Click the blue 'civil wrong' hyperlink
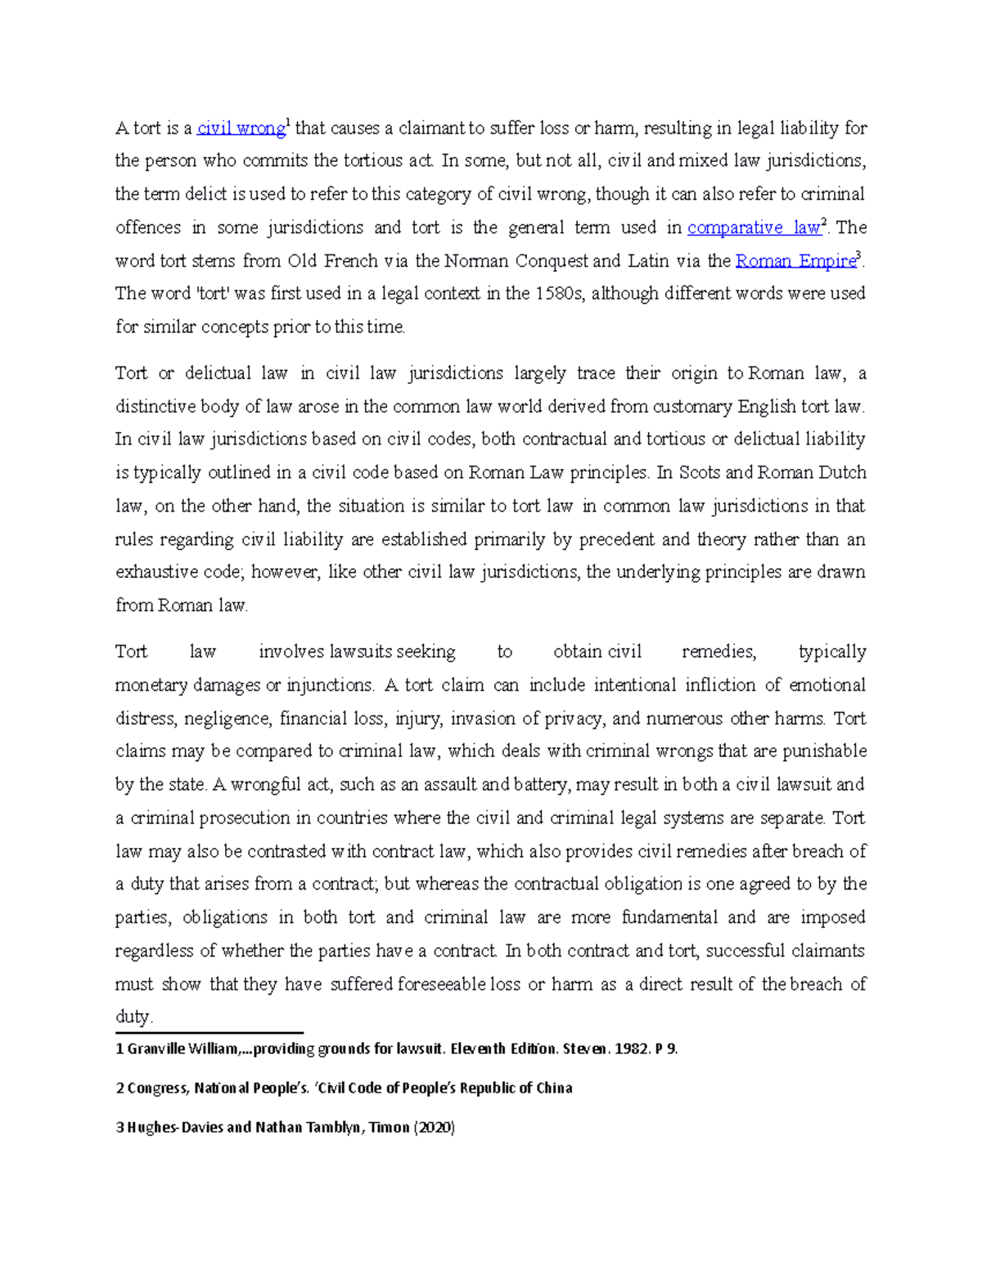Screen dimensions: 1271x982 [x=241, y=128]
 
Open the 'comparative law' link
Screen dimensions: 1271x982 [x=753, y=228]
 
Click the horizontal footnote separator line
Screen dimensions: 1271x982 [x=209, y=1033]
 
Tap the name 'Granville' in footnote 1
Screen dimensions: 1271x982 [x=156, y=1049]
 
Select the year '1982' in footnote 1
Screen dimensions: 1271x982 [x=633, y=1049]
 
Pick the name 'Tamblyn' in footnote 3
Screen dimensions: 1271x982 [x=332, y=1128]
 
